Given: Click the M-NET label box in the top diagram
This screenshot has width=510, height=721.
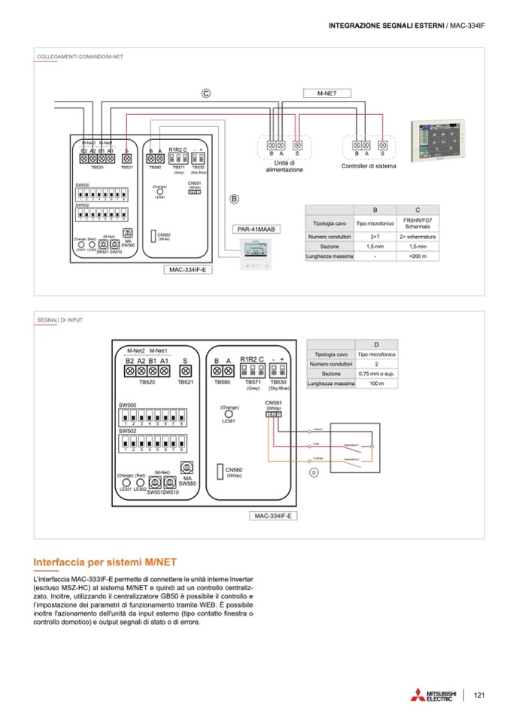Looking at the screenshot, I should [x=326, y=93].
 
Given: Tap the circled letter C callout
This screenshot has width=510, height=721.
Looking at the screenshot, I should [x=205, y=94].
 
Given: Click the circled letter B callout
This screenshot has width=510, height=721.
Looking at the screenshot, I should [x=233, y=199].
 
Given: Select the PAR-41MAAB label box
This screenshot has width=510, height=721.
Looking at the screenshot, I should [x=257, y=228].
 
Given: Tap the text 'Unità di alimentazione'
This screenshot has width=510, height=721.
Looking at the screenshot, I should [x=284, y=166].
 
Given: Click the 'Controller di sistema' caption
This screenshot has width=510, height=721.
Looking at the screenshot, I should [x=369, y=166].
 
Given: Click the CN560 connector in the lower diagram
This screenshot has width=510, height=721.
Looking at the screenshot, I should [x=220, y=472].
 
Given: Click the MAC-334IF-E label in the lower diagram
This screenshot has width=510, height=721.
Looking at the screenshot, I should [x=274, y=516].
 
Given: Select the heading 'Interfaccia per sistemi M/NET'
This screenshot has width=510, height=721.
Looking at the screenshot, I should [x=105, y=562].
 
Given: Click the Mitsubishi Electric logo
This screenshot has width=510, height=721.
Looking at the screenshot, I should [x=431, y=695].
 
